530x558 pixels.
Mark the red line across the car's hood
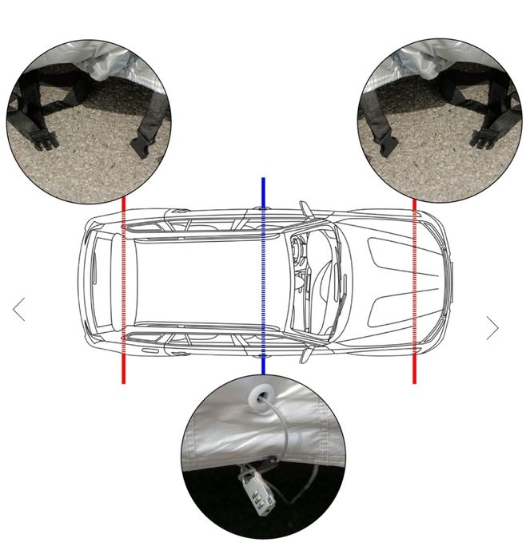[x=414, y=367]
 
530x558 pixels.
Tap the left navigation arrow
[x=19, y=309]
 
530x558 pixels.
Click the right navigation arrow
[x=492, y=328]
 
